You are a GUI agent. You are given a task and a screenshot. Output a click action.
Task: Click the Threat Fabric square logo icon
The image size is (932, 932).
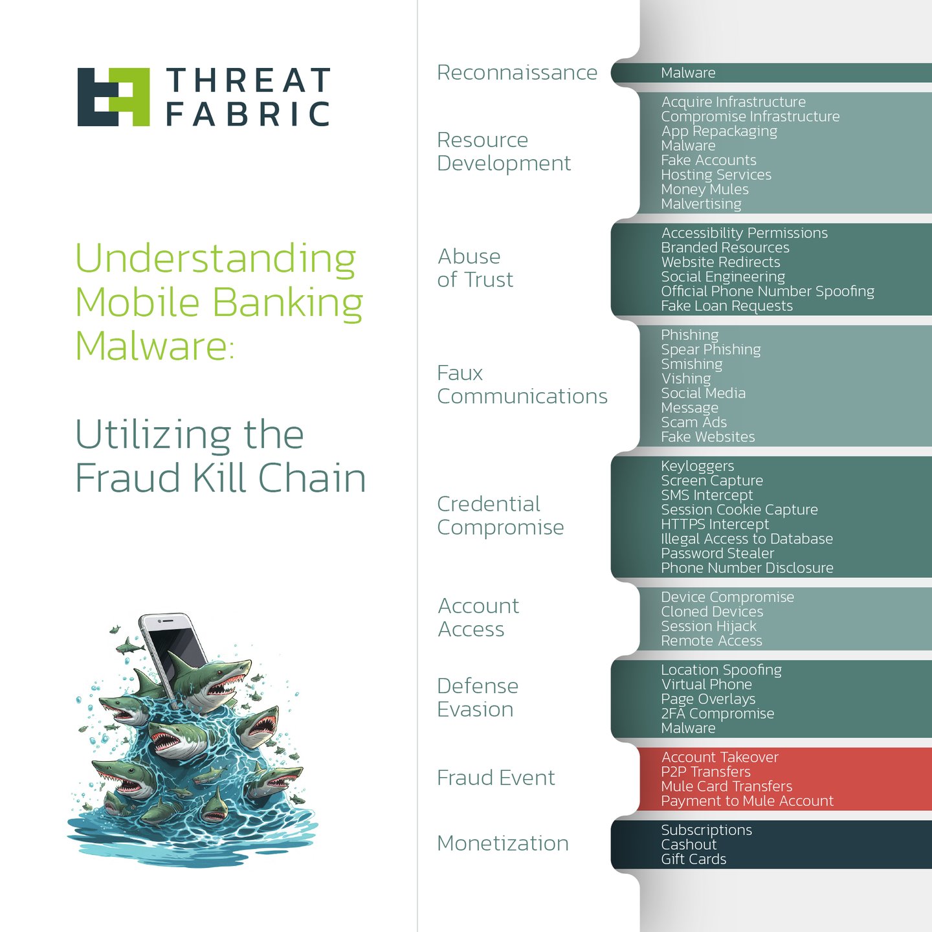[x=113, y=96]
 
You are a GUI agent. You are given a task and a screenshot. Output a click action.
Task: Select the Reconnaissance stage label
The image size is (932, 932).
[x=516, y=72]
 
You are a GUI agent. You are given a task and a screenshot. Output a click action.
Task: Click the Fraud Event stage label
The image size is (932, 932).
[x=496, y=777]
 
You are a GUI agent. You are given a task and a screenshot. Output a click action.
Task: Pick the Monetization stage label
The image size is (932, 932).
[x=503, y=843]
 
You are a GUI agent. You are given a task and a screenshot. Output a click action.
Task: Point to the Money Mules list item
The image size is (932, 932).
[x=704, y=190]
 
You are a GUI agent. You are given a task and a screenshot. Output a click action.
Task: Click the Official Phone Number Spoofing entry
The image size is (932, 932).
[x=767, y=291]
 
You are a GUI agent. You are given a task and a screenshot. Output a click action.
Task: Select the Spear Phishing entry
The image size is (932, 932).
[x=711, y=349]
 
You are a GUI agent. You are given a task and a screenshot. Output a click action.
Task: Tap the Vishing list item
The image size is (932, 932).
[x=685, y=379]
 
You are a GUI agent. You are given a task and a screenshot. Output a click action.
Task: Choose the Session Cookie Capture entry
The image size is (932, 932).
[x=739, y=510]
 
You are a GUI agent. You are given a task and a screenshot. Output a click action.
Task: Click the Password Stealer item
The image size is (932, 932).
[x=717, y=553]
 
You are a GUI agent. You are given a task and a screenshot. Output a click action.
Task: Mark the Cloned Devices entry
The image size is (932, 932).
[x=712, y=612]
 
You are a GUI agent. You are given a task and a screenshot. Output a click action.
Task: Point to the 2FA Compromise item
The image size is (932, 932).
[x=717, y=713]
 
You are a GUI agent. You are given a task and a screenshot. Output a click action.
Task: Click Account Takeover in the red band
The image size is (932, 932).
[x=720, y=757]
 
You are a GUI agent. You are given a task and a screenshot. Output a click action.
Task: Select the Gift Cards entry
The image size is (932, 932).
[x=693, y=859]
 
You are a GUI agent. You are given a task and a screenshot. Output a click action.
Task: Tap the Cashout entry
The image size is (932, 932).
[x=689, y=845]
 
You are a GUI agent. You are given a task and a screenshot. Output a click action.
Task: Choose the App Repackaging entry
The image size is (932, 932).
[x=719, y=131]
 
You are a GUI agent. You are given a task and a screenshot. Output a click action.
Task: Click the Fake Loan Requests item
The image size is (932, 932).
[x=726, y=306]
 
